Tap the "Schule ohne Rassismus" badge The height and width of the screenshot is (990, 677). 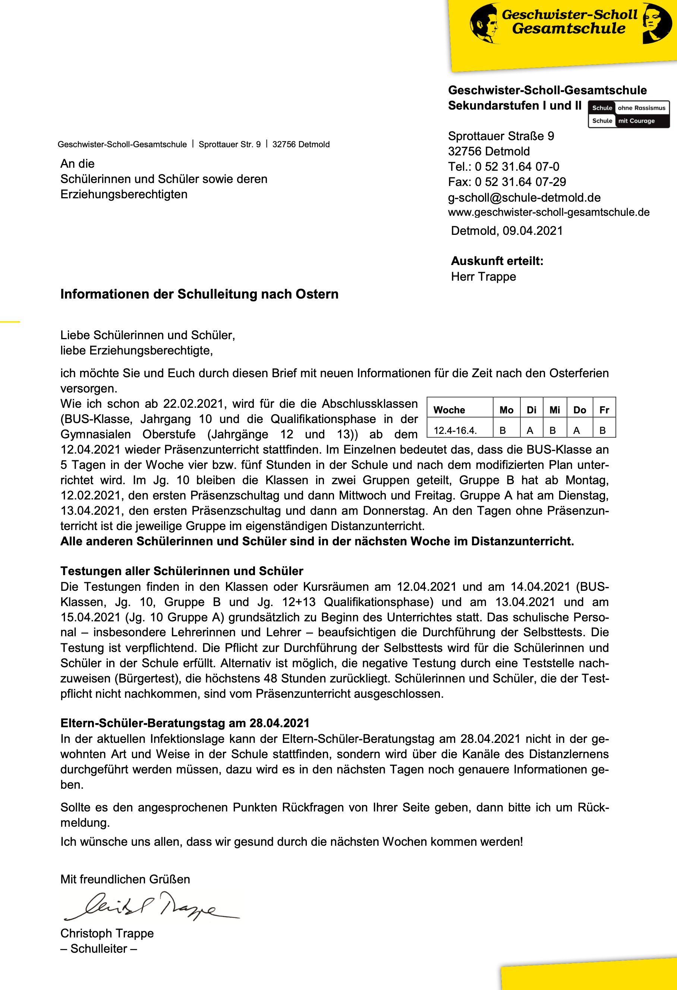pos(629,108)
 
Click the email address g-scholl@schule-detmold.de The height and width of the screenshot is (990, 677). pos(524,198)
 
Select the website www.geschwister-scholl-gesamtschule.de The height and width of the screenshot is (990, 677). pos(548,212)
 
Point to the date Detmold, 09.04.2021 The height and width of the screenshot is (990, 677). pos(507,231)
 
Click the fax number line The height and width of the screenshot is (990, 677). pos(507,182)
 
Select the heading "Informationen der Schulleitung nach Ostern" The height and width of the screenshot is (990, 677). pos(199,294)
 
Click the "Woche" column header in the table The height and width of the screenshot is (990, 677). pos(449,410)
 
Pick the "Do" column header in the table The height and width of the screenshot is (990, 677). pos(579,410)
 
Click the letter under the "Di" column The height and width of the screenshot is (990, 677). pos(530,430)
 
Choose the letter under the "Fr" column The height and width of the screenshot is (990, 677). pos(602,430)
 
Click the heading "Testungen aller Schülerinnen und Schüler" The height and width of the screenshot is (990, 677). pos(182,571)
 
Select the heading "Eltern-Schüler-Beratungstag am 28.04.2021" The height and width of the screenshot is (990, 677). pos(185,723)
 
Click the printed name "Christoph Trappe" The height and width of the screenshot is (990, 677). pos(107,933)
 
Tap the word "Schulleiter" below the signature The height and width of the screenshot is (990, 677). pos(99,949)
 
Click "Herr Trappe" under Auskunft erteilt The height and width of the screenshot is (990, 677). pos(483,277)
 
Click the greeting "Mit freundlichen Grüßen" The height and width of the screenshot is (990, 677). pos(125,879)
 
